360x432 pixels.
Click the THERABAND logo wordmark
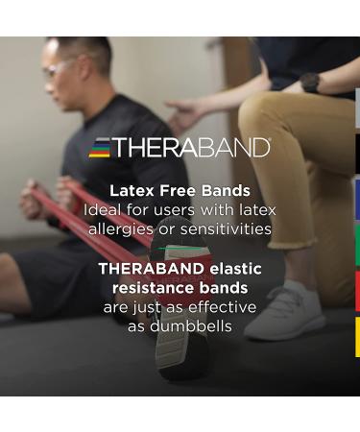pos(193,148)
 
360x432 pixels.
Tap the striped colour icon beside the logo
pos(100,148)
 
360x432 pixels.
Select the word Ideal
pos(106,209)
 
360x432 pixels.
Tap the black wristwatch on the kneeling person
pos(309,84)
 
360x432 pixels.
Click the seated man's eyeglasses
pos(56,68)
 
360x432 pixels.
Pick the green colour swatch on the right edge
pos(356,245)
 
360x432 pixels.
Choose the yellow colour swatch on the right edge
pos(356,337)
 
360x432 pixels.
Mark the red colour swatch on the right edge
pos(356,291)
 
